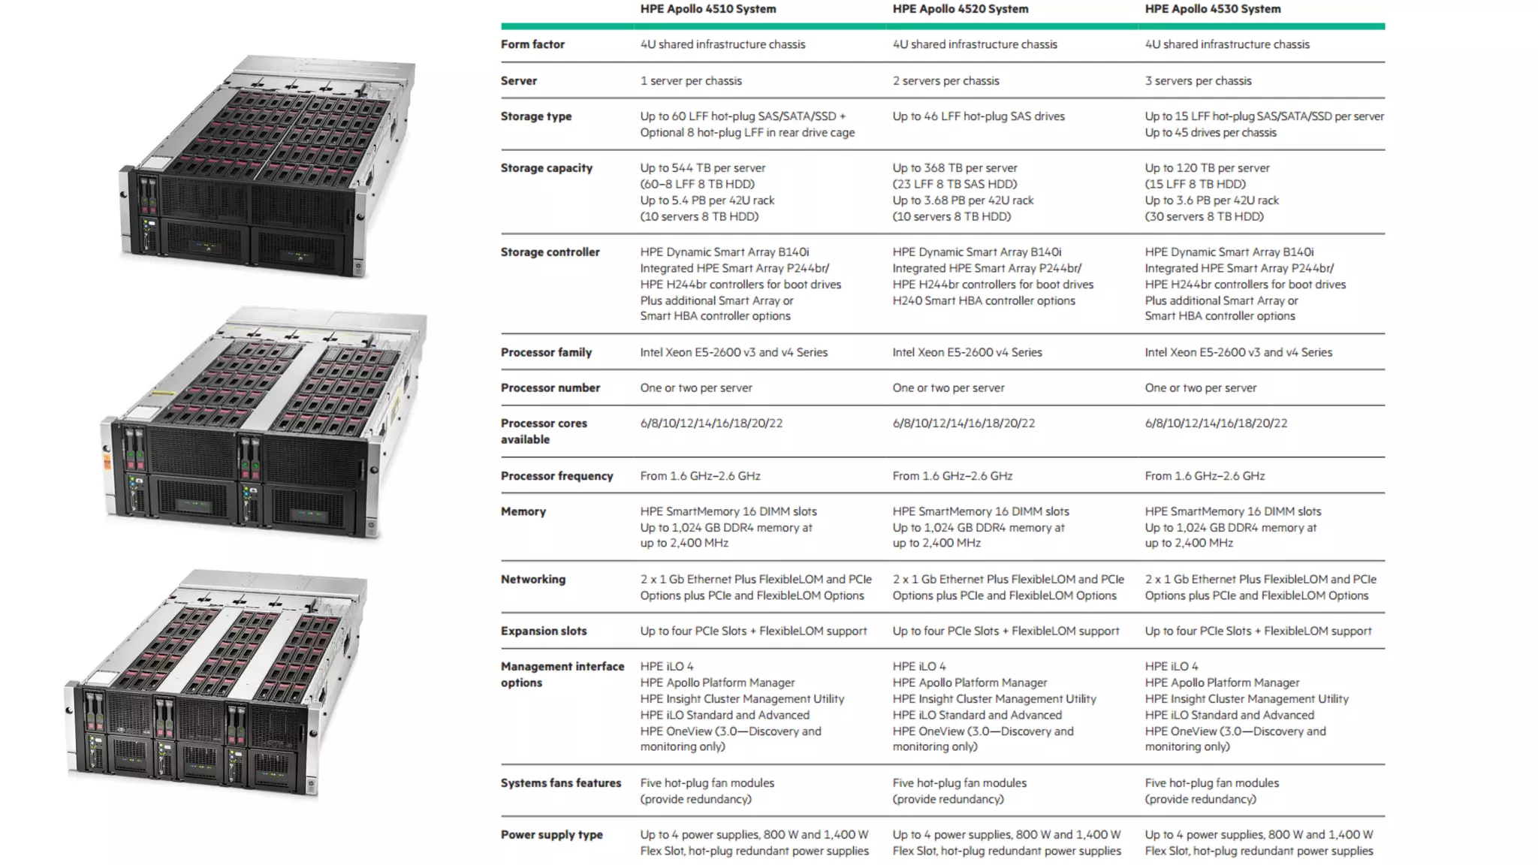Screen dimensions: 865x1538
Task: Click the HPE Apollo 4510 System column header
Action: coord(707,9)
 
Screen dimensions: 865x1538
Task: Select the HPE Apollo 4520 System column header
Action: coord(960,9)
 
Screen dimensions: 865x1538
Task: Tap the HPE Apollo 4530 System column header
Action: coord(1212,9)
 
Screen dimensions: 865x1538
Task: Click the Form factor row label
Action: coord(532,44)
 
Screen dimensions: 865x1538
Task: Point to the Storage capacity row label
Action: coord(546,168)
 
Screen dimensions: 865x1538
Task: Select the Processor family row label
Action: coord(546,352)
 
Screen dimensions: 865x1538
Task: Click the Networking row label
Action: coord(532,579)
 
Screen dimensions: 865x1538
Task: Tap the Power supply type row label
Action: coord(551,835)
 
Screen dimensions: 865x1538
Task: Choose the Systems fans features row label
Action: coord(561,783)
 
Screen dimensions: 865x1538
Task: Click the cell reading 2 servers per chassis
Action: coord(945,80)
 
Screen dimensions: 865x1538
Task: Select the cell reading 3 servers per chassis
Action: coord(1198,80)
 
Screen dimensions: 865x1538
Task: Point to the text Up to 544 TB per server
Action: coord(702,168)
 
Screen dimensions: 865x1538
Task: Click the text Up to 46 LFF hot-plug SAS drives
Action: coord(978,116)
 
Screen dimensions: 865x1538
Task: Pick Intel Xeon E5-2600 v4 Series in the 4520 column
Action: coord(967,352)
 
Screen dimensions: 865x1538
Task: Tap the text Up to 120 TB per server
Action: coord(1207,168)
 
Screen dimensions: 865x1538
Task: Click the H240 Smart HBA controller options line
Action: coord(983,300)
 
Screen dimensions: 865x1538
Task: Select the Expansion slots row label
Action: coord(543,631)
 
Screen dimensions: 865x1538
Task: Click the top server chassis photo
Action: coord(267,165)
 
